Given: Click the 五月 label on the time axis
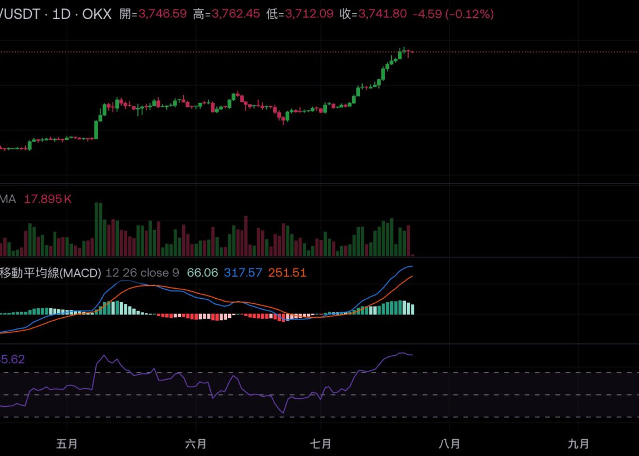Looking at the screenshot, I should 67,444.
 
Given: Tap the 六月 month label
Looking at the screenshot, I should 196,444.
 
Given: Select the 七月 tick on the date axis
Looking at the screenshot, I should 320,444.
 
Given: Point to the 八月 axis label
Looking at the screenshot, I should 449,444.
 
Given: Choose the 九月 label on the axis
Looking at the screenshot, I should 578,444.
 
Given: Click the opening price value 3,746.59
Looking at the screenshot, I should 162,14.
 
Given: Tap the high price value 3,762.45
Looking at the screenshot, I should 235,14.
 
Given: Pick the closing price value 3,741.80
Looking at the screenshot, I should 382,14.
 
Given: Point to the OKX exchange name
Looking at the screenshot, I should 97,14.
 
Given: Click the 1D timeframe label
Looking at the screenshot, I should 61,14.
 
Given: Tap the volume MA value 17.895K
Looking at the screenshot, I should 48,199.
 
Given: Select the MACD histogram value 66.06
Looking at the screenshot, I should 202,272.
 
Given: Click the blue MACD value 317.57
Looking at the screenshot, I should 243,272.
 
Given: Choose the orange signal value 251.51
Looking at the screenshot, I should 287,272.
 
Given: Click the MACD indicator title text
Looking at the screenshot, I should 50,272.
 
